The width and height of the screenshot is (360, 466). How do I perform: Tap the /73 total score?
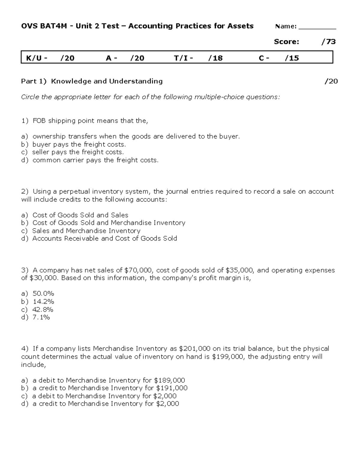pyautogui.click(x=328, y=42)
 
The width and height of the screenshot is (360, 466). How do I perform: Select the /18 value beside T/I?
pyautogui.click(x=215, y=58)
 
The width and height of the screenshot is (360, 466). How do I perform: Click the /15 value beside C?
pyautogui.click(x=292, y=58)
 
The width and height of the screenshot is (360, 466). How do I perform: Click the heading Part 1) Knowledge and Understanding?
pyautogui.click(x=92, y=81)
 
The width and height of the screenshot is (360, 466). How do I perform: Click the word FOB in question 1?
pyautogui.click(x=39, y=121)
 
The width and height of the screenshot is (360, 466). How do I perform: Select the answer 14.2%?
pyautogui.click(x=43, y=302)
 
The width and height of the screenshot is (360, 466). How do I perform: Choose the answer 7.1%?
pyautogui.click(x=41, y=317)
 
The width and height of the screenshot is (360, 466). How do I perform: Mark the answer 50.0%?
pyautogui.click(x=43, y=293)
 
